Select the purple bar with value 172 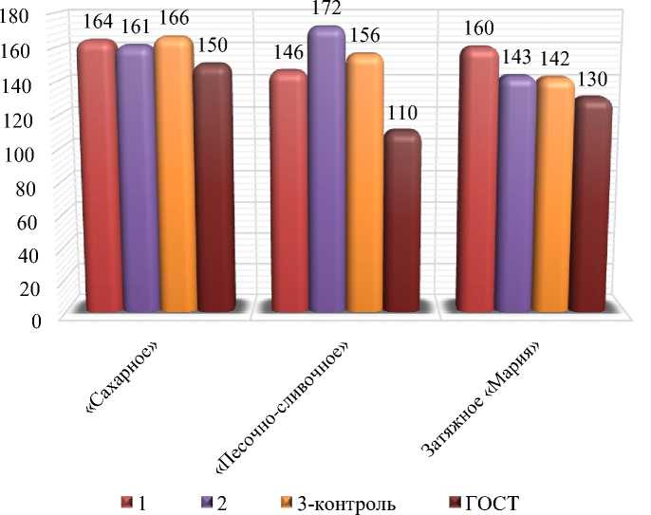tap(326, 171)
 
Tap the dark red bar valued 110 tap(401, 223)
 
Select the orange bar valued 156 tap(364, 185)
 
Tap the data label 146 tap(288, 57)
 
